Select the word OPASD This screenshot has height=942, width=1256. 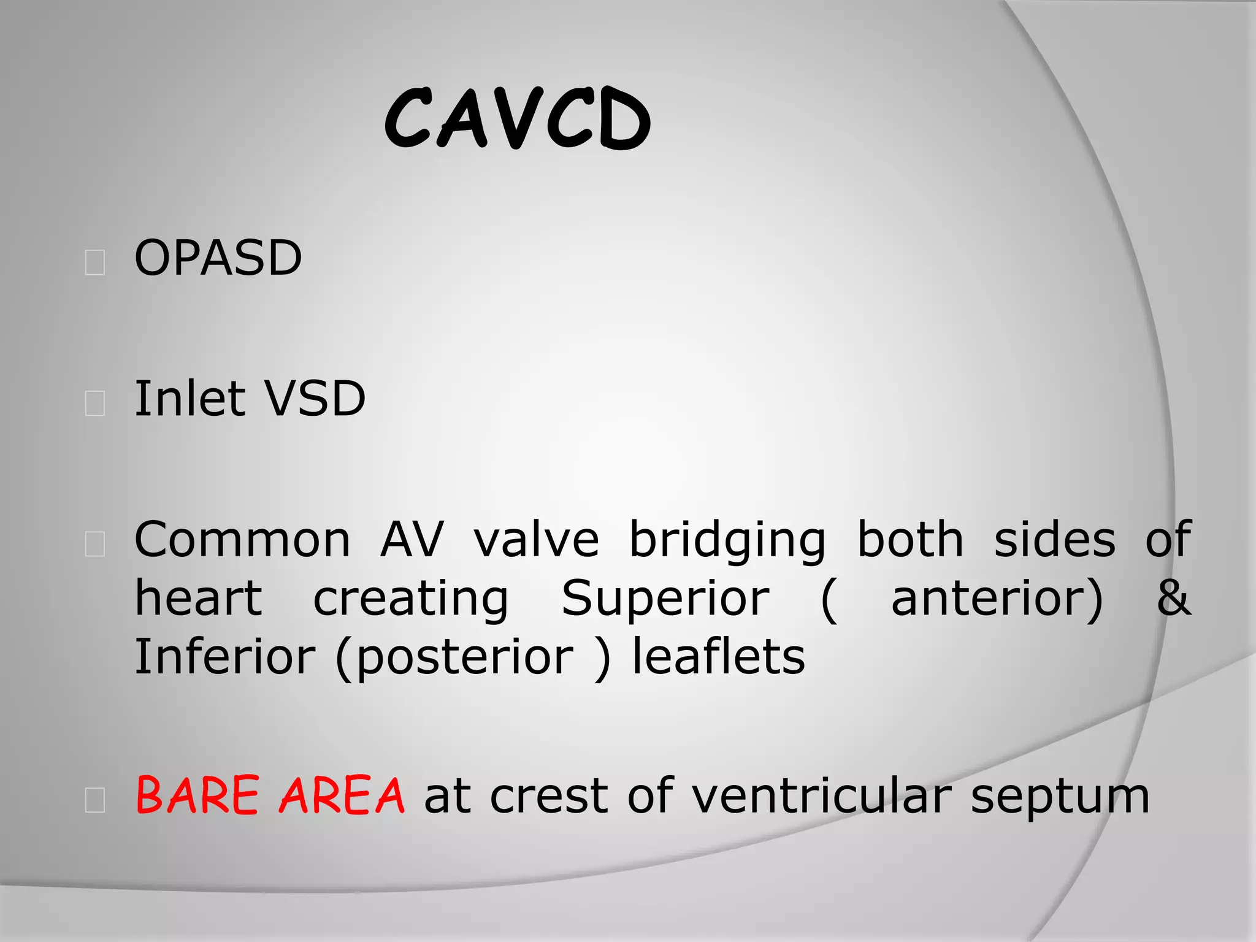pos(218,258)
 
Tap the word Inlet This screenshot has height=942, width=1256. pos(186,399)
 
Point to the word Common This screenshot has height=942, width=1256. pos(242,540)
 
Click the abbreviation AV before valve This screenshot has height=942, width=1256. pos(412,540)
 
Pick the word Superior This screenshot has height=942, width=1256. pos(665,599)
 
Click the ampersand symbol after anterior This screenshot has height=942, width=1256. pos(1174,599)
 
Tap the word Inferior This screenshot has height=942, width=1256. pos(224,657)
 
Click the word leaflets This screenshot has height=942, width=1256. pos(718,657)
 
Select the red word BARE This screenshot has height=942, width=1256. pos(197,795)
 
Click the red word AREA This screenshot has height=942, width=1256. pos(342,795)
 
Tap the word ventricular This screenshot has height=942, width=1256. pos(821,796)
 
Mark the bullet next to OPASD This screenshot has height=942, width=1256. pos(95,262)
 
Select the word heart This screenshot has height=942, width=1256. pos(198,599)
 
